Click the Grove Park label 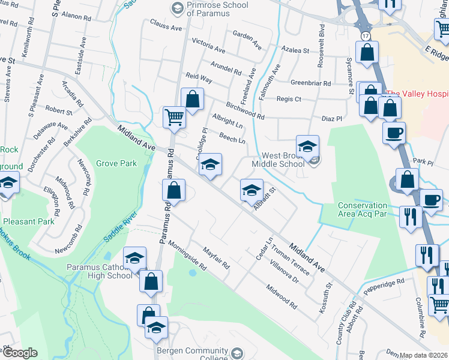tap(116, 163)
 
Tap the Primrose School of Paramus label tap(208, 10)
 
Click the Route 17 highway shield tap(366, 37)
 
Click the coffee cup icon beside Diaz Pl tap(394, 133)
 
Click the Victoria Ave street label tap(208, 44)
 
